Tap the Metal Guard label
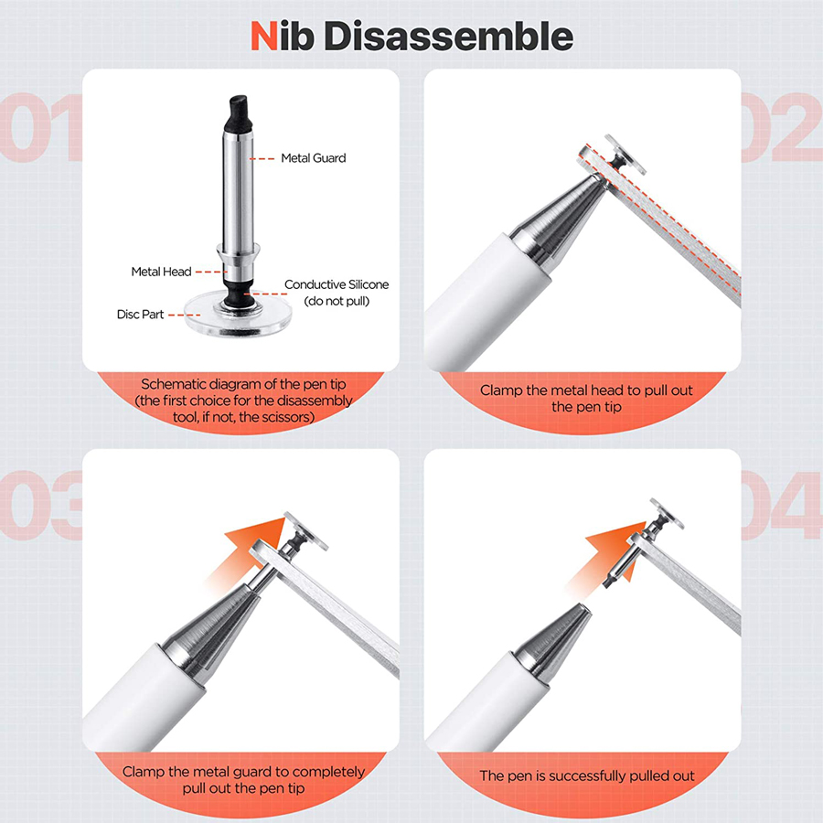pyautogui.click(x=313, y=158)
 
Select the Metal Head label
pyautogui.click(x=161, y=272)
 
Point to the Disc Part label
pyautogui.click(x=140, y=314)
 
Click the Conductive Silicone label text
pyautogui.click(x=337, y=285)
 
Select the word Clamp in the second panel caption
pyautogui.click(x=501, y=390)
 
